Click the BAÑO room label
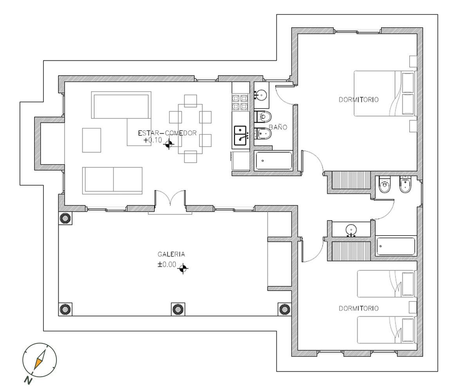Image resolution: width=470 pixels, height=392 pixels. (278, 127)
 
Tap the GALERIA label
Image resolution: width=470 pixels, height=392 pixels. (171, 254)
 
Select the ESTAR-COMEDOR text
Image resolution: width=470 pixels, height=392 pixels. (167, 133)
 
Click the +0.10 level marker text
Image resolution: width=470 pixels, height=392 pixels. (153, 140)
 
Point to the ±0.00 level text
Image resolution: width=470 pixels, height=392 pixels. (167, 264)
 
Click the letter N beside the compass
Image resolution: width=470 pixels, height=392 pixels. (28, 381)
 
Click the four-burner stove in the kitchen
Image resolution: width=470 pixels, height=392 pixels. (240, 102)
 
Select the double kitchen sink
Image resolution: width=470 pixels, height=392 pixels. (240, 136)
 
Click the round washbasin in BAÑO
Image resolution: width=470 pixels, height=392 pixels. (261, 95)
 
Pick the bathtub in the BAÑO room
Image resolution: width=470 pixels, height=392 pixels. (274, 161)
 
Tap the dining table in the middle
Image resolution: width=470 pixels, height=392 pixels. (190, 129)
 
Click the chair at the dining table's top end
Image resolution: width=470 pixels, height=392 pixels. (190, 101)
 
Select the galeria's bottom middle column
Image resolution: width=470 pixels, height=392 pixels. (178, 309)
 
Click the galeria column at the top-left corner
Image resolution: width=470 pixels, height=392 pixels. (65, 218)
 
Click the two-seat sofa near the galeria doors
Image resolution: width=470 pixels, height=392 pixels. (112, 180)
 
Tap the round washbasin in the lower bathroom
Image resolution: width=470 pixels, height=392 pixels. (351, 230)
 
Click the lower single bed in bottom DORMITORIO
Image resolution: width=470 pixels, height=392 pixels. (386, 330)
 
